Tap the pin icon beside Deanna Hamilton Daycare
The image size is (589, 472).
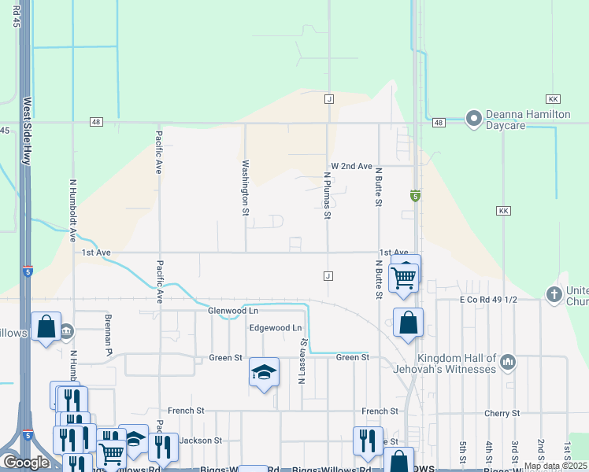[x=473, y=119]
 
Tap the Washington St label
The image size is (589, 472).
[x=245, y=188]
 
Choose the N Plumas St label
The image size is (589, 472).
[x=328, y=196]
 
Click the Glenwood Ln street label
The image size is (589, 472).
[x=234, y=311]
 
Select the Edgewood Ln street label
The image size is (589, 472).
[x=275, y=327]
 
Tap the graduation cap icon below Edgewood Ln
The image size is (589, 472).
[x=265, y=371]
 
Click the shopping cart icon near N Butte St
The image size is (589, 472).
[x=403, y=276]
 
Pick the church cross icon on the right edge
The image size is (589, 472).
[x=554, y=294]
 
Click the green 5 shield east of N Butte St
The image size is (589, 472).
[x=414, y=195]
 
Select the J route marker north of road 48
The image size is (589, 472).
[x=329, y=99]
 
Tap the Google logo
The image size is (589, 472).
[x=26, y=463]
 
